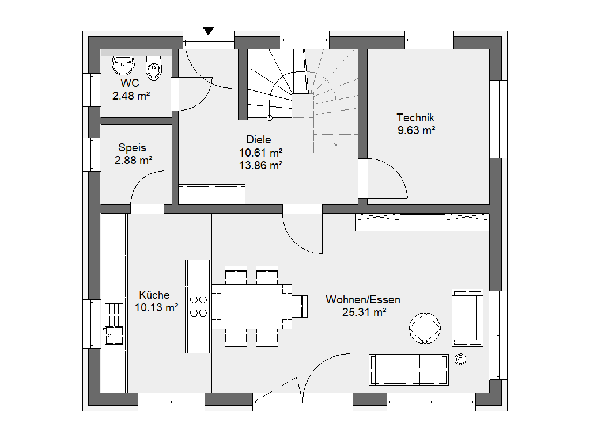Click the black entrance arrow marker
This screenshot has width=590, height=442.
click(x=209, y=31)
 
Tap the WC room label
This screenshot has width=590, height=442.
click(x=130, y=83)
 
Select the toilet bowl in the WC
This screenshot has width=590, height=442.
click(x=153, y=68)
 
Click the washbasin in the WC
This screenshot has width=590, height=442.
click(x=123, y=66)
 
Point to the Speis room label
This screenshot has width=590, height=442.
click(x=132, y=148)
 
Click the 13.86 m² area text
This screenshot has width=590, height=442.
click(x=261, y=165)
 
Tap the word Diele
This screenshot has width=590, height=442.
click(x=259, y=140)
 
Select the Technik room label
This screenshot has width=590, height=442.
click(x=415, y=117)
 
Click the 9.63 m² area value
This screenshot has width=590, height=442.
click(x=416, y=131)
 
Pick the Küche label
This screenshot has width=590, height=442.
click(x=154, y=295)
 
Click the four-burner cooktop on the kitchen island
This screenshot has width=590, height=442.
click(x=198, y=306)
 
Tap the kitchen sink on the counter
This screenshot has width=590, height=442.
click(x=114, y=323)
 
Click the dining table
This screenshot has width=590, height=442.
click(x=252, y=307)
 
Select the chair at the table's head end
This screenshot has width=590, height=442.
click(x=300, y=307)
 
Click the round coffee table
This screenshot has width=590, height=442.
click(x=425, y=328)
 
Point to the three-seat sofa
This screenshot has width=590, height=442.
click(x=409, y=369)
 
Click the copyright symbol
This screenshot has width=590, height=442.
click(x=460, y=360)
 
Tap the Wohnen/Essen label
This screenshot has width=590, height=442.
click(x=363, y=299)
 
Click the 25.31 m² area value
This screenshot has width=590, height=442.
click(x=364, y=313)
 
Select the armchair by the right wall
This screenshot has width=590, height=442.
click(x=467, y=318)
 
